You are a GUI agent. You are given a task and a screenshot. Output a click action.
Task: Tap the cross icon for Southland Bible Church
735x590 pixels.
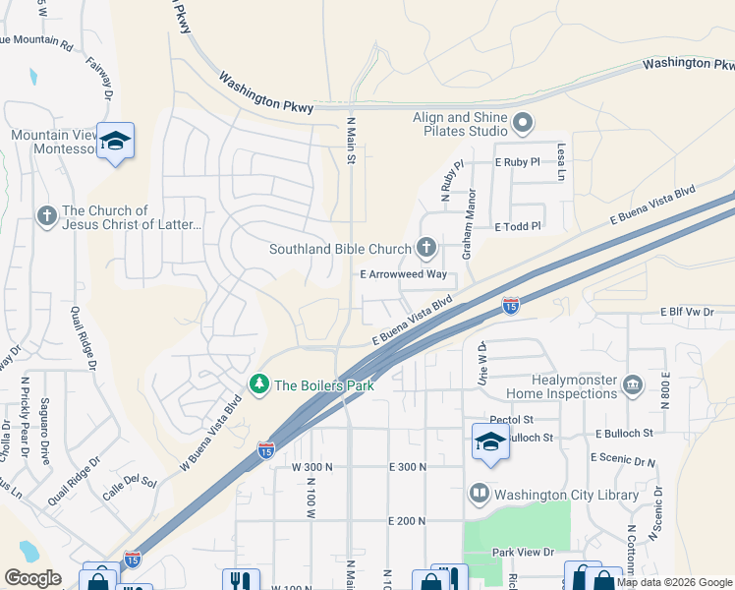pos(425,247)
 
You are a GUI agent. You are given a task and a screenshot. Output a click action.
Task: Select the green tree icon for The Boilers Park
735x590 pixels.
pos(259,384)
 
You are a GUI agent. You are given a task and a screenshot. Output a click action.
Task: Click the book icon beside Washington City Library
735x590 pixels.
pos(479,493)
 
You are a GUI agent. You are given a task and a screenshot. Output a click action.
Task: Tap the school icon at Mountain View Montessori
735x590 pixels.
pos(115,142)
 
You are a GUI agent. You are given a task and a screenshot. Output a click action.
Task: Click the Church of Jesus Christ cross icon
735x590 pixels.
pos(46,215)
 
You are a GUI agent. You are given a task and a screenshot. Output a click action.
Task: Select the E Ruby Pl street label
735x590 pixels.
pos(518,161)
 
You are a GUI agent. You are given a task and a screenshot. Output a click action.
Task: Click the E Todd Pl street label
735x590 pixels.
pos(518,226)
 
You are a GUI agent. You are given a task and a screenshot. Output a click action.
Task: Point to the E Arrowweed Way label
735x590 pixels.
pos(403,274)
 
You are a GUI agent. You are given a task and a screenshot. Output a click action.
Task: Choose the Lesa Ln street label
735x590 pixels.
pos(562,160)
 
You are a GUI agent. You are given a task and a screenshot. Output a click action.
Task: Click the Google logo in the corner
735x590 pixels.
pos(33,578)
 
